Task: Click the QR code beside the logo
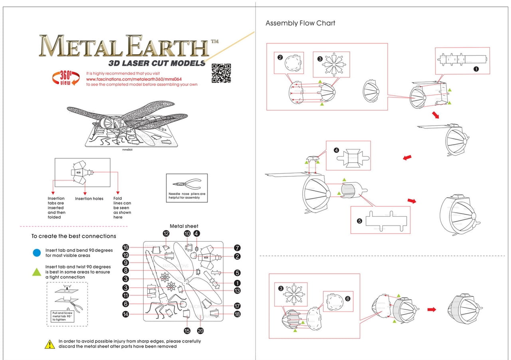pyautogui.click(x=221, y=73)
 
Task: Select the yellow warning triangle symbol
pyautogui.click(x=50, y=344)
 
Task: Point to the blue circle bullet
pyautogui.click(x=37, y=252)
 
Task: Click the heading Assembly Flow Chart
pyautogui.click(x=300, y=23)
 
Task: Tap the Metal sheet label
pyautogui.click(x=184, y=226)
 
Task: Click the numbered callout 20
pyautogui.click(x=200, y=330)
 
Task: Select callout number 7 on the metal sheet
pyautogui.click(x=237, y=248)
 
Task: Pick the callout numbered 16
pyautogui.click(x=125, y=248)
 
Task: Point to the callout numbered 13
pyautogui.click(x=237, y=291)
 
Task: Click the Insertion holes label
pyautogui.click(x=89, y=198)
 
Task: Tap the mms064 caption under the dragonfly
pyautogui.click(x=127, y=150)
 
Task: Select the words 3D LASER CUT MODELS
pyautogui.click(x=156, y=63)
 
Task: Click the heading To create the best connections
pyautogui.click(x=73, y=236)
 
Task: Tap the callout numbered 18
pyautogui.click(x=237, y=315)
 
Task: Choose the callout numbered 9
pyautogui.click(x=125, y=263)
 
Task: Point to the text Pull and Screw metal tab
pyautogui.click(x=62, y=316)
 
